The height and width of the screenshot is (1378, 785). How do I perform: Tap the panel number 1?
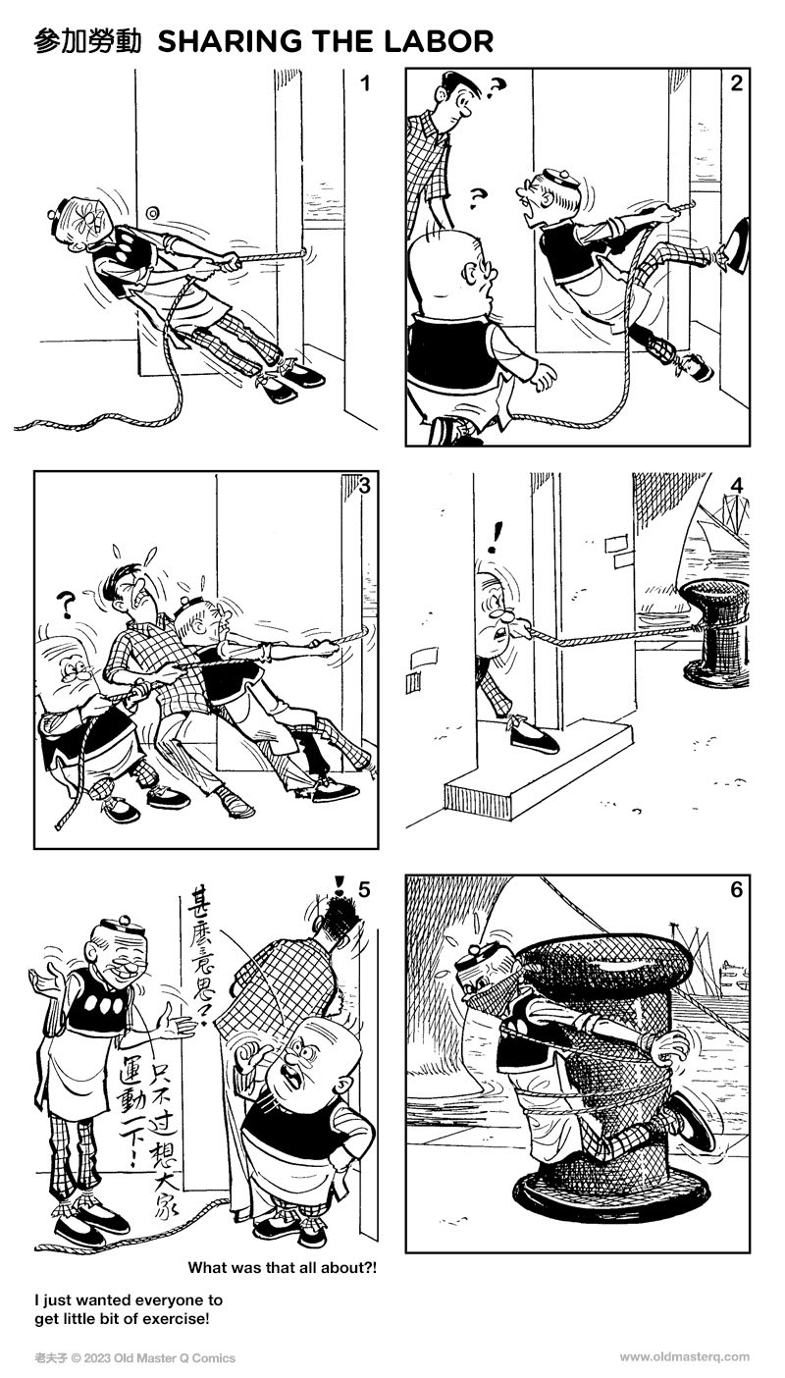coord(365,83)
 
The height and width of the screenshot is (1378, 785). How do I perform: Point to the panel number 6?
coord(737,891)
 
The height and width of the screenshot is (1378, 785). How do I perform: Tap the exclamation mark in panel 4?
coord(500,536)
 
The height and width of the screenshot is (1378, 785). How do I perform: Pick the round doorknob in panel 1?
coord(152,212)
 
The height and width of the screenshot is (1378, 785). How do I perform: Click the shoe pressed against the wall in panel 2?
coord(737,238)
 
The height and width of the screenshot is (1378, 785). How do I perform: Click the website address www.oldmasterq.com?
coord(684,1357)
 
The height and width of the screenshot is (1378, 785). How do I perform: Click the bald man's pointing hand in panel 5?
coord(250,1058)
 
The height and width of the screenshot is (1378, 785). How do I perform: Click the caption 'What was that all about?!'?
coord(282,1267)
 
